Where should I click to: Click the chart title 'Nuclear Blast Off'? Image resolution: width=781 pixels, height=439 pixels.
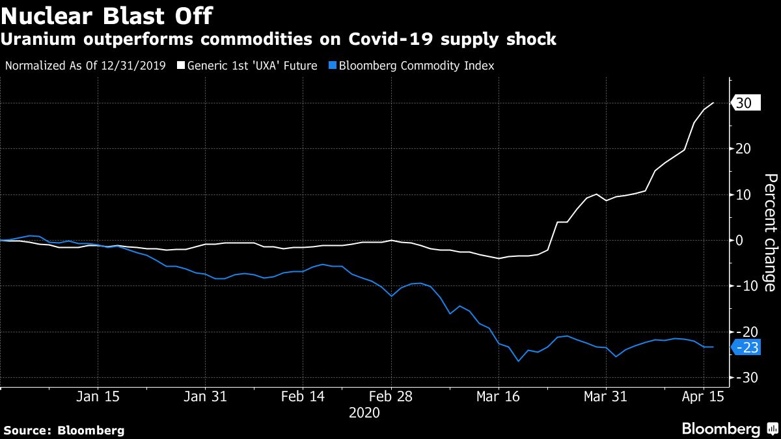[x=106, y=14]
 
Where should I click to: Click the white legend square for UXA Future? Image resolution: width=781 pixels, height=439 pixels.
[x=180, y=66]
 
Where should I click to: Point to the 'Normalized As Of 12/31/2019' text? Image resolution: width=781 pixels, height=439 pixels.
[x=85, y=66]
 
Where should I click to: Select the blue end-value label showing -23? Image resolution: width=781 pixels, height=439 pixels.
[x=748, y=348]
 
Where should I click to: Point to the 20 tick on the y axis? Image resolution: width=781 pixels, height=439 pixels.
[x=744, y=149]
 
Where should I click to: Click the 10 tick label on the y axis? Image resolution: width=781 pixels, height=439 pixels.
[x=744, y=194]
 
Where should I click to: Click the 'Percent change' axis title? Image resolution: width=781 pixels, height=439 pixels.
[x=769, y=232]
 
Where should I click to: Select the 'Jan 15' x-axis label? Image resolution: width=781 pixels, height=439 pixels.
[x=98, y=396]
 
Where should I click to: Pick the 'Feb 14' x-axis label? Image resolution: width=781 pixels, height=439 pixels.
[x=302, y=396]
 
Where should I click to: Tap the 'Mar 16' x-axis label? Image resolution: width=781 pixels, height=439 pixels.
[x=498, y=396]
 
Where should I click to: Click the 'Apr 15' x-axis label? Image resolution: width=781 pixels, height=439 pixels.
[x=704, y=396]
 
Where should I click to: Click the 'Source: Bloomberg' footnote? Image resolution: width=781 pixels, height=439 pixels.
[x=64, y=430]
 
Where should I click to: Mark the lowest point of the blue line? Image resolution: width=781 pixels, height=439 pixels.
[x=519, y=361]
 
